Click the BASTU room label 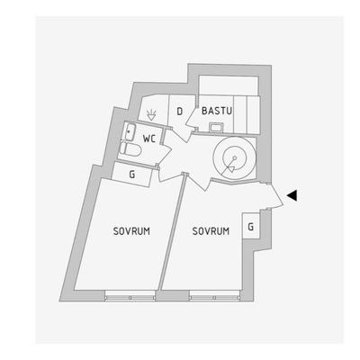(217, 111)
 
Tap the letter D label (180, 112)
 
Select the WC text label (149, 139)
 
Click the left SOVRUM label (131, 231)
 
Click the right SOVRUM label (211, 231)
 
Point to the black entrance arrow (292, 195)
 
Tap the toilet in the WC (130, 149)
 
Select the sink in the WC (130, 131)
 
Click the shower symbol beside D (151, 115)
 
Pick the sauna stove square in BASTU (216, 128)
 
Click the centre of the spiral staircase (235, 157)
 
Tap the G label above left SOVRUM (132, 175)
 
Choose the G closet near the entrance (251, 226)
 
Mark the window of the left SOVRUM (130, 295)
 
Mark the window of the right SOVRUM (214, 295)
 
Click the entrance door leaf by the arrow (275, 195)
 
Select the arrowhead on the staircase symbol (230, 170)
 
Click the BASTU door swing (191, 119)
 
